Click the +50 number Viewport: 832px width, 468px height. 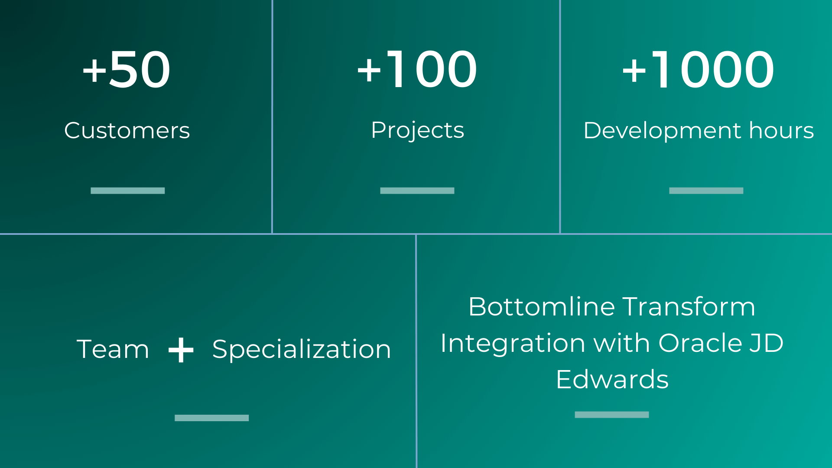pyautogui.click(x=126, y=69)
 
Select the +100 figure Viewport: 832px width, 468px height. pyautogui.click(x=416, y=69)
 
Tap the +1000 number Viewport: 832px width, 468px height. pyautogui.click(x=698, y=69)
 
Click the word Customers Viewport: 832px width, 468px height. pyautogui.click(x=127, y=130)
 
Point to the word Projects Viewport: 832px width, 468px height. pyautogui.click(x=417, y=130)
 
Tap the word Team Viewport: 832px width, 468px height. pyautogui.click(x=113, y=349)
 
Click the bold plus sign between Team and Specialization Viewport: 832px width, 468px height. pyautogui.click(x=181, y=350)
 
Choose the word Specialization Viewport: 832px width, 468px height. pyautogui.click(x=302, y=350)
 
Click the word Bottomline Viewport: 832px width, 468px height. pyautogui.click(x=542, y=307)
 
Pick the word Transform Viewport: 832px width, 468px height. pyautogui.click(x=689, y=307)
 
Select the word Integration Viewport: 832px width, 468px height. pyautogui.click(x=513, y=344)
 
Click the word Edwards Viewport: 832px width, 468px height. pyautogui.click(x=612, y=380)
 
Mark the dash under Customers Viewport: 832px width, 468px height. pyautogui.click(x=127, y=191)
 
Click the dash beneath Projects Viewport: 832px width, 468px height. pyautogui.click(x=417, y=191)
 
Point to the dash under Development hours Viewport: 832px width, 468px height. pyautogui.click(x=706, y=191)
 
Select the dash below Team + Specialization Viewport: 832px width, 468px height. pyautogui.click(x=211, y=418)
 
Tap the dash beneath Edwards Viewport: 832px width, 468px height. pyautogui.click(x=611, y=415)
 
